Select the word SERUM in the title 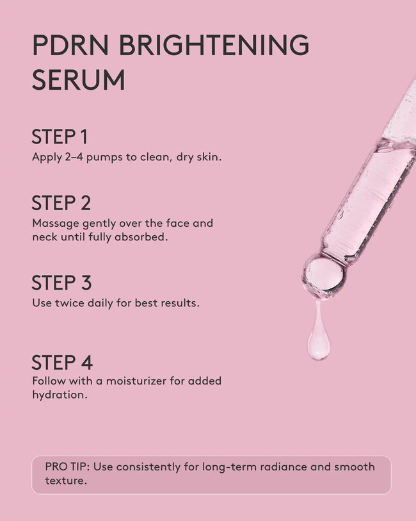point(78,81)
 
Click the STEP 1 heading point(60,136)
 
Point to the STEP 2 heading point(61,203)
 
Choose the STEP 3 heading point(61,283)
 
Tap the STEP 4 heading point(62,362)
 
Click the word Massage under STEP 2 point(54,224)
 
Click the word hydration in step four point(58,395)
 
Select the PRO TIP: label point(67,467)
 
